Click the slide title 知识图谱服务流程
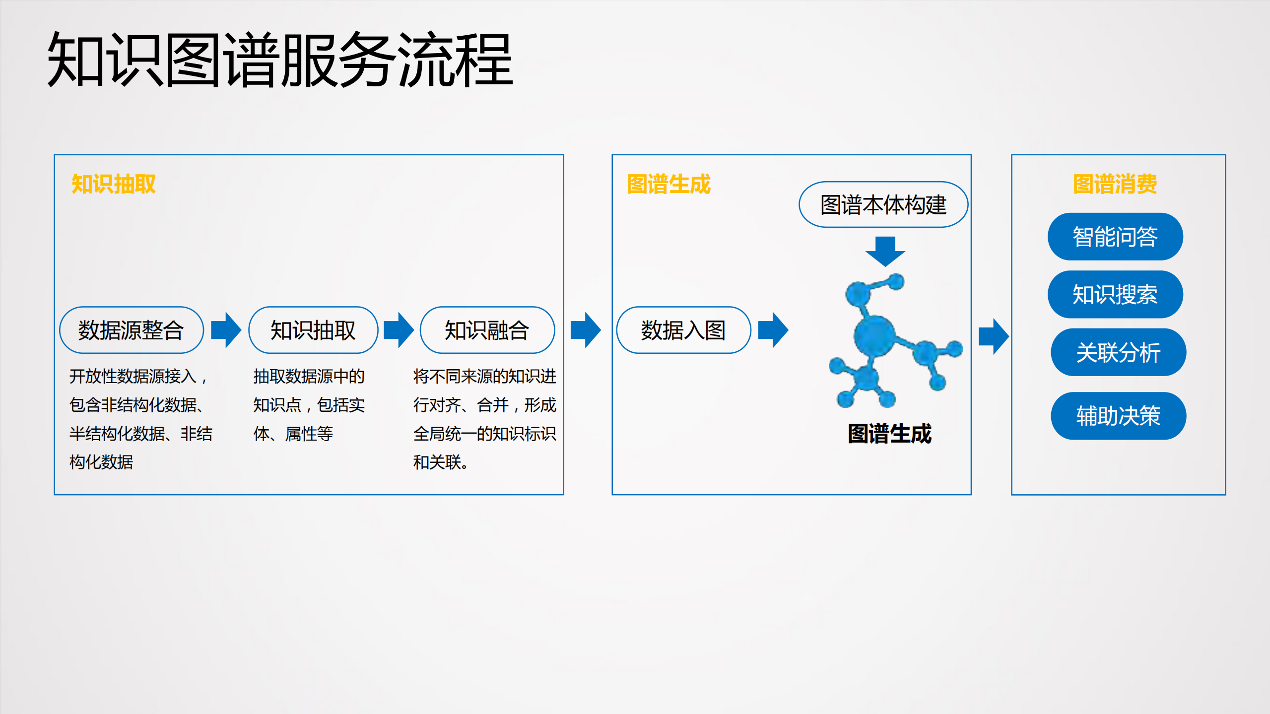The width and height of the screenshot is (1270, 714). pyautogui.click(x=280, y=60)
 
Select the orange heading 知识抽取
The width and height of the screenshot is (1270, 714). pyautogui.click(x=114, y=184)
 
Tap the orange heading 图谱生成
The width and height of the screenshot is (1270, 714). pyautogui.click(x=668, y=184)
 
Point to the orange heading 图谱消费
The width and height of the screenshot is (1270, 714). pyautogui.click(x=1115, y=184)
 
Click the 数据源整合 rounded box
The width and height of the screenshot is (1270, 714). pyautogui.click(x=132, y=330)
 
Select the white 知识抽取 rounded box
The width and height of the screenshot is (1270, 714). pyautogui.click(x=313, y=330)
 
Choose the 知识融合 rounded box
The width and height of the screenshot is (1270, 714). pyautogui.click(x=487, y=330)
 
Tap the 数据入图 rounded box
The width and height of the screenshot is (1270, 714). pyautogui.click(x=683, y=330)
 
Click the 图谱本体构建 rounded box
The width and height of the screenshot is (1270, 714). pyautogui.click(x=883, y=204)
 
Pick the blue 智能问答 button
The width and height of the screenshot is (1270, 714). pyautogui.click(x=1115, y=237)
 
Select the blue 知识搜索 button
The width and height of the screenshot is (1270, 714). pyautogui.click(x=1115, y=294)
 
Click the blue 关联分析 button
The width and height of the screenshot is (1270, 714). pyautogui.click(x=1118, y=352)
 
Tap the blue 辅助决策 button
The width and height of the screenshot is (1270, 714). pyautogui.click(x=1118, y=416)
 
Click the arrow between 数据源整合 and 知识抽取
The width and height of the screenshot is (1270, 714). pyautogui.click(x=226, y=330)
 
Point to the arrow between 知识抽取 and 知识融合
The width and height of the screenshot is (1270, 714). pyautogui.click(x=399, y=330)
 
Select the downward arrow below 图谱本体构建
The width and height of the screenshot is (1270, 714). pyautogui.click(x=885, y=251)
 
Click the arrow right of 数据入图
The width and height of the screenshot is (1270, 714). pyautogui.click(x=773, y=330)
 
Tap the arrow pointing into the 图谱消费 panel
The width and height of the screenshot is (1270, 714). pyautogui.click(x=994, y=336)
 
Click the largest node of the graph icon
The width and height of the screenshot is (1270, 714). pyautogui.click(x=874, y=336)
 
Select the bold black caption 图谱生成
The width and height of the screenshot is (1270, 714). pyautogui.click(x=889, y=434)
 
